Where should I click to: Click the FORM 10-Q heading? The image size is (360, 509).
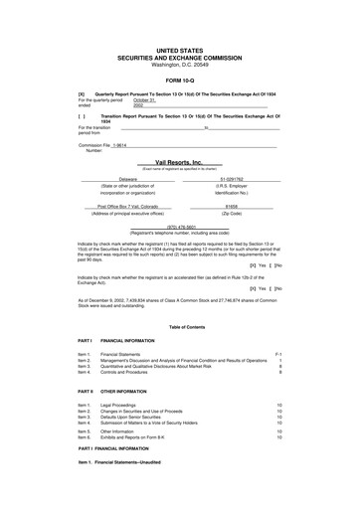tap(179, 80)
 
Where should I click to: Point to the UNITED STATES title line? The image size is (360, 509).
tap(179, 47)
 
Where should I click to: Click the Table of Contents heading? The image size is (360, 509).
tap(179, 327)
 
